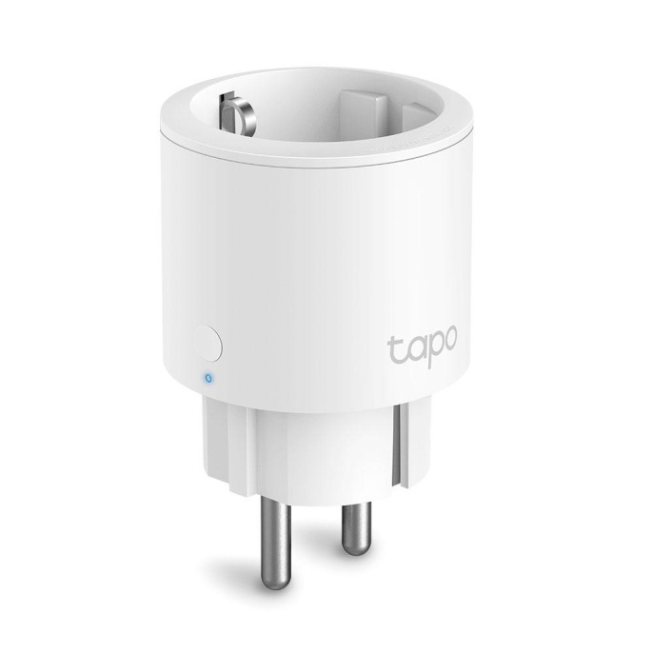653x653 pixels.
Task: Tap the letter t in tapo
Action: tap(393, 346)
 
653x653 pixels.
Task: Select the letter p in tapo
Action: tap(431, 351)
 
